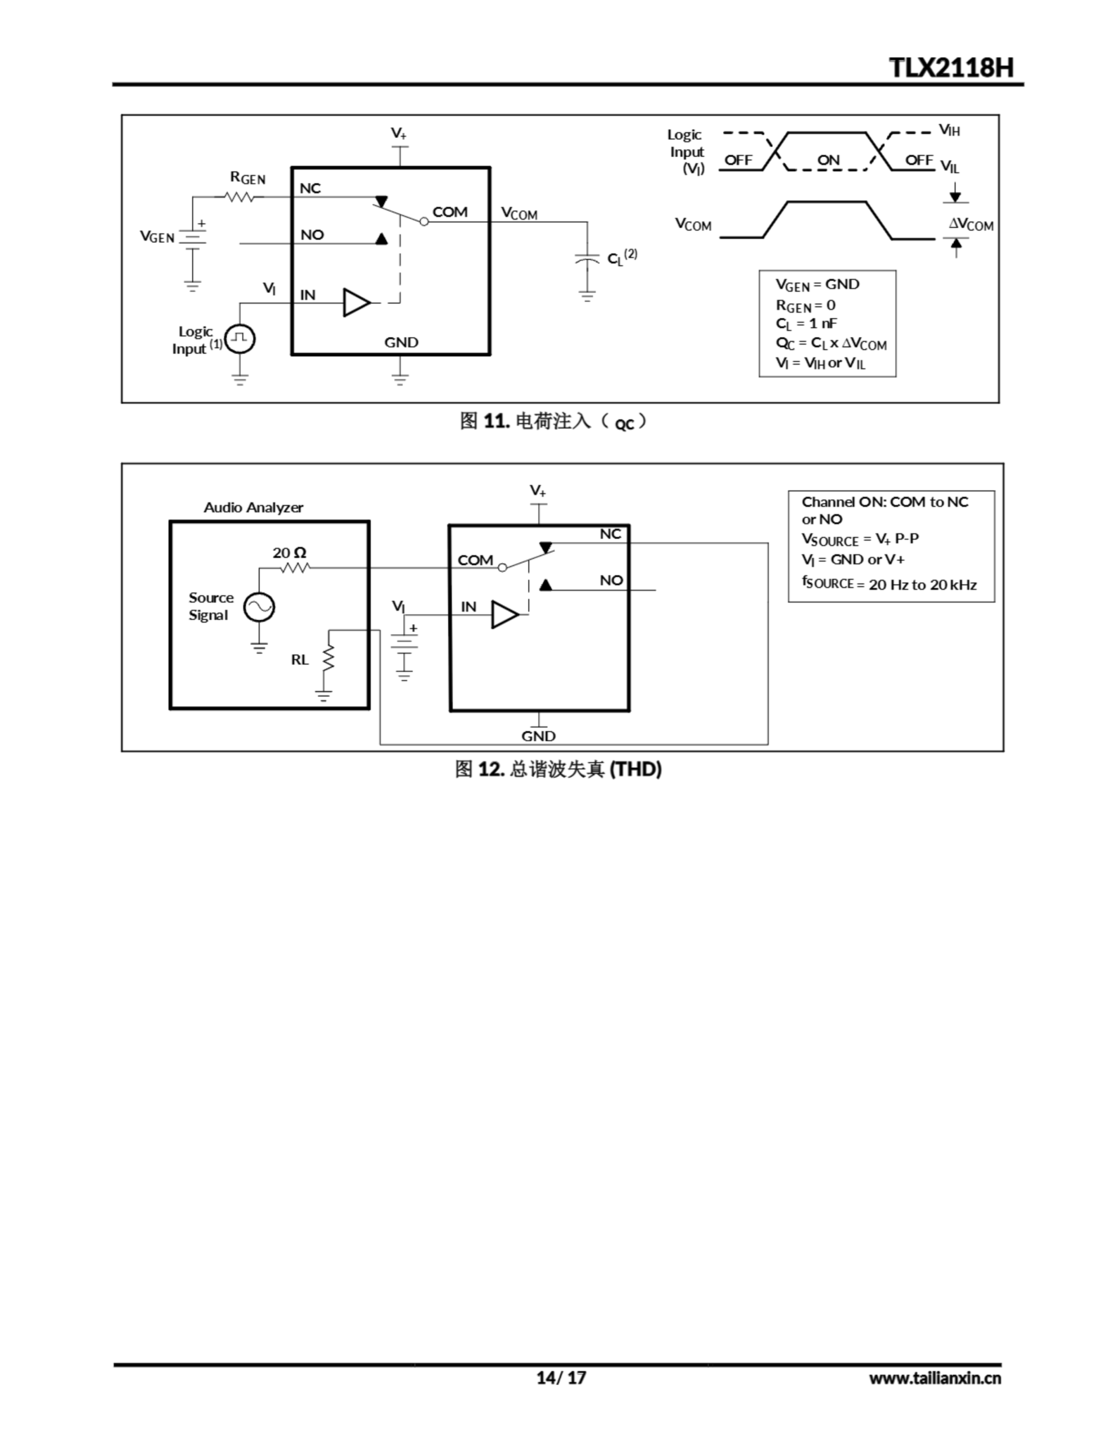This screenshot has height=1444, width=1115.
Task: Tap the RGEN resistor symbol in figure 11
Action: [238, 196]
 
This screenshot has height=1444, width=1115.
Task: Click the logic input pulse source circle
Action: [240, 339]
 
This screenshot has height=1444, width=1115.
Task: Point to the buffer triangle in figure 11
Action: [356, 303]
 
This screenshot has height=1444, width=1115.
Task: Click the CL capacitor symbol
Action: [587, 258]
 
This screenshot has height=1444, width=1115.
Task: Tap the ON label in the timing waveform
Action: [828, 160]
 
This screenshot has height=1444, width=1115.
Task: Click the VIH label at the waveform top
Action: [950, 130]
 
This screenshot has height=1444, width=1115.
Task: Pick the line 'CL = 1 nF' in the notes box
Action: [806, 323]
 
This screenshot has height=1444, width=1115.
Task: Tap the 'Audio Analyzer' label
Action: [253, 507]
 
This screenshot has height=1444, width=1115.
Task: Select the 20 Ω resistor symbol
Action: [295, 567]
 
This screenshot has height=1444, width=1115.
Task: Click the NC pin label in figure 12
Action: [610, 534]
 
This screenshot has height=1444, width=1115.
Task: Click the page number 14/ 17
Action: [560, 1378]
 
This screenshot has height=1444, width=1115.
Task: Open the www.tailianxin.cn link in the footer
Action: [935, 1378]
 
